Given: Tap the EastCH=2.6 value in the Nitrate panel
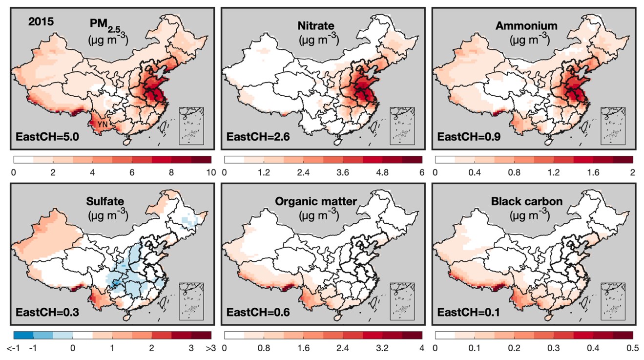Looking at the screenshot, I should pos(256,137).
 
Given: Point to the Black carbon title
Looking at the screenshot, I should pos(526,201).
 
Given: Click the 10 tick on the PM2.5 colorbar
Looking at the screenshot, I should pos(211,172).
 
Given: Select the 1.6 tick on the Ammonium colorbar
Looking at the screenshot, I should pos(593,172).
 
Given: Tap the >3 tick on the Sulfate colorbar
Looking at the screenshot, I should pos(211,347).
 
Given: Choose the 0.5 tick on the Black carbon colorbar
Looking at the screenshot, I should pos(633,347).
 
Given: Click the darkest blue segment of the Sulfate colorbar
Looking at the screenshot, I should pos(23,335).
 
